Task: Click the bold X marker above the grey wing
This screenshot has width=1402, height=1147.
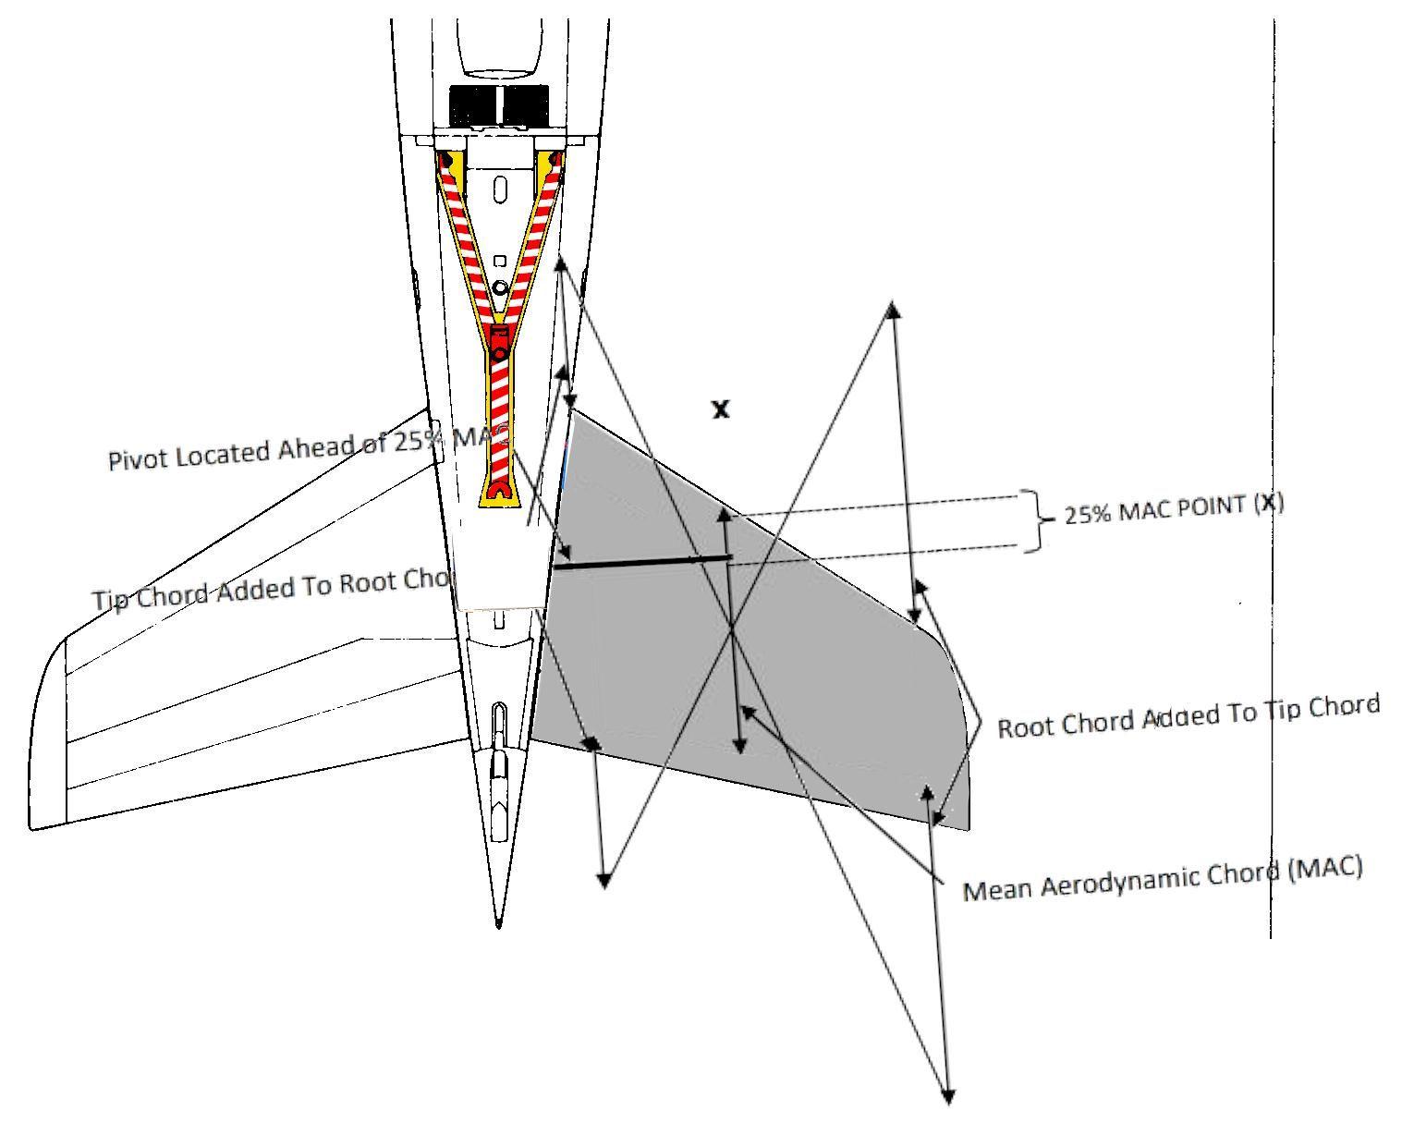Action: [x=721, y=409]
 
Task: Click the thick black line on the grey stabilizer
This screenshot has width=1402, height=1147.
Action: [x=642, y=562]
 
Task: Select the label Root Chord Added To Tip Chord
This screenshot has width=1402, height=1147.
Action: [x=1189, y=715]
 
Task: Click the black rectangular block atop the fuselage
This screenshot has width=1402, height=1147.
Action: [x=498, y=105]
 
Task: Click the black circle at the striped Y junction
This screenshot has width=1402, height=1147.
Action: [x=499, y=354]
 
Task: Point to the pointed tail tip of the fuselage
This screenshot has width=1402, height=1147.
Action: [x=499, y=921]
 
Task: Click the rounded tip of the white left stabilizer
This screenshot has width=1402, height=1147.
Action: [x=42, y=730]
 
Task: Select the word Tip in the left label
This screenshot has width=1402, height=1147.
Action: [x=111, y=598]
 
